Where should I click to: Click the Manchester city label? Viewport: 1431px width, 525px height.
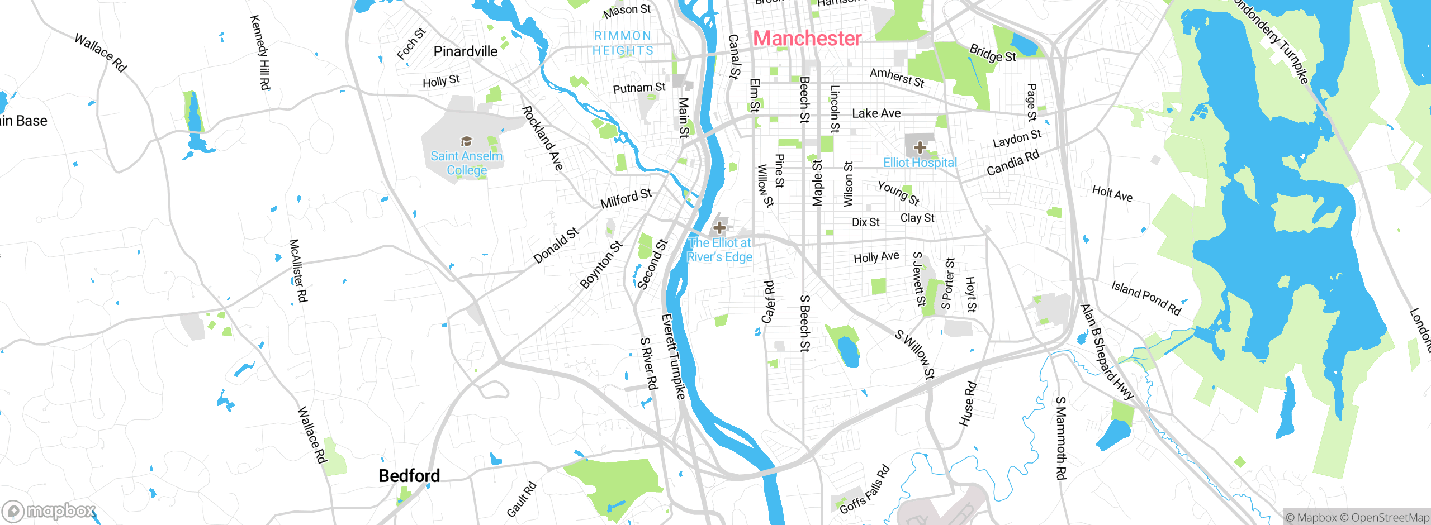[x=807, y=38]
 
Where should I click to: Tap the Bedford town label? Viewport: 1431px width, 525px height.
[x=409, y=475]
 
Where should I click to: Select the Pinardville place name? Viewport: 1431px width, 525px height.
[x=465, y=51]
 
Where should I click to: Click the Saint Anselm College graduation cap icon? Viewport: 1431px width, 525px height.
[x=466, y=141]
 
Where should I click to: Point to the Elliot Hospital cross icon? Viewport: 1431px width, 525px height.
[x=920, y=147]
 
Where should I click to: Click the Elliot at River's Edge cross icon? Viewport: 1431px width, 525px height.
[x=719, y=227]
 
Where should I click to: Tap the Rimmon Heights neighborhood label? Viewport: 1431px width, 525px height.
[x=623, y=43]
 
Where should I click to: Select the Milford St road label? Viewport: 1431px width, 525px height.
[x=626, y=198]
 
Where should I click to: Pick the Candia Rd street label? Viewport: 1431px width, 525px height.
[x=1012, y=163]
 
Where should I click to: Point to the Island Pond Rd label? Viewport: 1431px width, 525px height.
[x=1146, y=298]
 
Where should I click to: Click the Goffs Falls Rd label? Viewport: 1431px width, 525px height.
[x=864, y=489]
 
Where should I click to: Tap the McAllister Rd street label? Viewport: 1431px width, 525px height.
[x=298, y=270]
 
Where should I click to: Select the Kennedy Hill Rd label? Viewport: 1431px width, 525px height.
[x=260, y=52]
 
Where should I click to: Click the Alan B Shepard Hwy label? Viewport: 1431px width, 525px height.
[x=1106, y=352]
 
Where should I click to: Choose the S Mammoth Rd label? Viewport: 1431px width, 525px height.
[x=1060, y=438]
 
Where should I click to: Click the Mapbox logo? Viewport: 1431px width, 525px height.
[x=49, y=510]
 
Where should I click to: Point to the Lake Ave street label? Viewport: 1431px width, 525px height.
[x=876, y=113]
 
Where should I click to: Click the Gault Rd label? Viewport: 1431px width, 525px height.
[x=521, y=499]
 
